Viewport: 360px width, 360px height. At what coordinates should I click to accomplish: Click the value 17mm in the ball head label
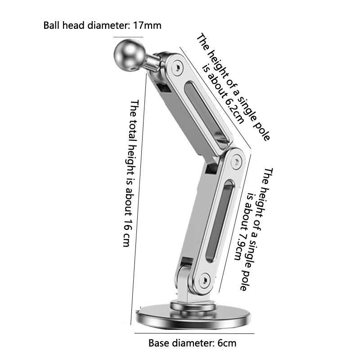pos(147,25)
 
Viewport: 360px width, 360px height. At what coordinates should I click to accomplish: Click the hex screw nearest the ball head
pos(178,67)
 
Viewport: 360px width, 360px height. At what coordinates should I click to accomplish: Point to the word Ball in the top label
pos(51,25)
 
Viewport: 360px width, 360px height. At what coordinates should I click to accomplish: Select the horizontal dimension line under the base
pos(194,333)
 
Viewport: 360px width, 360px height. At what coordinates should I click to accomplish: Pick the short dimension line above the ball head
pos(128,37)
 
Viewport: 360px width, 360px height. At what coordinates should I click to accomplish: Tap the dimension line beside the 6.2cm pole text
pos(216,97)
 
